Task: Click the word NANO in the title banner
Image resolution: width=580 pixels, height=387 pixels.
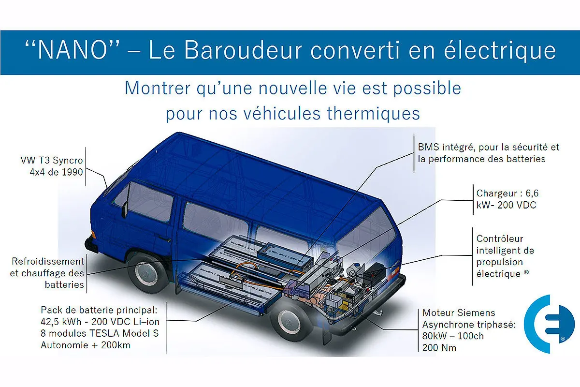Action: (73, 50)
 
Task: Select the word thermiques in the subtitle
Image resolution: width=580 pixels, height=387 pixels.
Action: (373, 114)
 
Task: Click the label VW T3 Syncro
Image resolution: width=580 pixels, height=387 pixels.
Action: (52, 161)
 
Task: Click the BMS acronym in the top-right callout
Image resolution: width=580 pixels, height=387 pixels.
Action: (429, 147)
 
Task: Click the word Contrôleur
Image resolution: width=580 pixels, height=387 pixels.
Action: (500, 239)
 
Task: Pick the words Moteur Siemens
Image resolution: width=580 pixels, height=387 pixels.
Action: (459, 313)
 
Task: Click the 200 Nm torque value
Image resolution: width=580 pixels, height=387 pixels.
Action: (439, 348)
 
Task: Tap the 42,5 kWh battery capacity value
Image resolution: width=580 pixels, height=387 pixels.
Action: (61, 322)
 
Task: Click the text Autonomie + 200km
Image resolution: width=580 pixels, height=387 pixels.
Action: (86, 345)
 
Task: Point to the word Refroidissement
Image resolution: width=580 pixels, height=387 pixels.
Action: (48, 261)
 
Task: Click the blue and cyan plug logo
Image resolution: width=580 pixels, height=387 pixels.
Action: (549, 324)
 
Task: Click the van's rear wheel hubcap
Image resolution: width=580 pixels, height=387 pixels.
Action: (288, 322)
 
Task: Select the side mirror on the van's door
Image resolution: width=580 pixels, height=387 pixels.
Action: (125, 209)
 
